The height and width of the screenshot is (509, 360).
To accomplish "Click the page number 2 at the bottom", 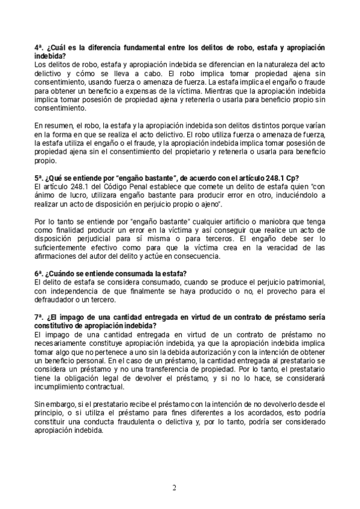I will [175, 487].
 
